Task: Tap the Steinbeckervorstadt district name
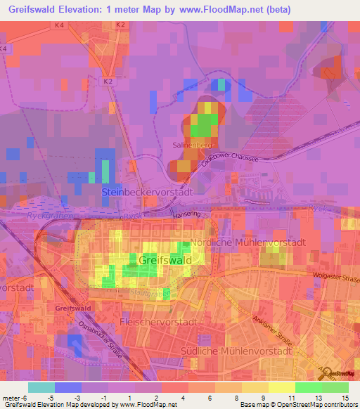click(x=147, y=191)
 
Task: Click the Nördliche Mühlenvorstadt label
click(x=247, y=242)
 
